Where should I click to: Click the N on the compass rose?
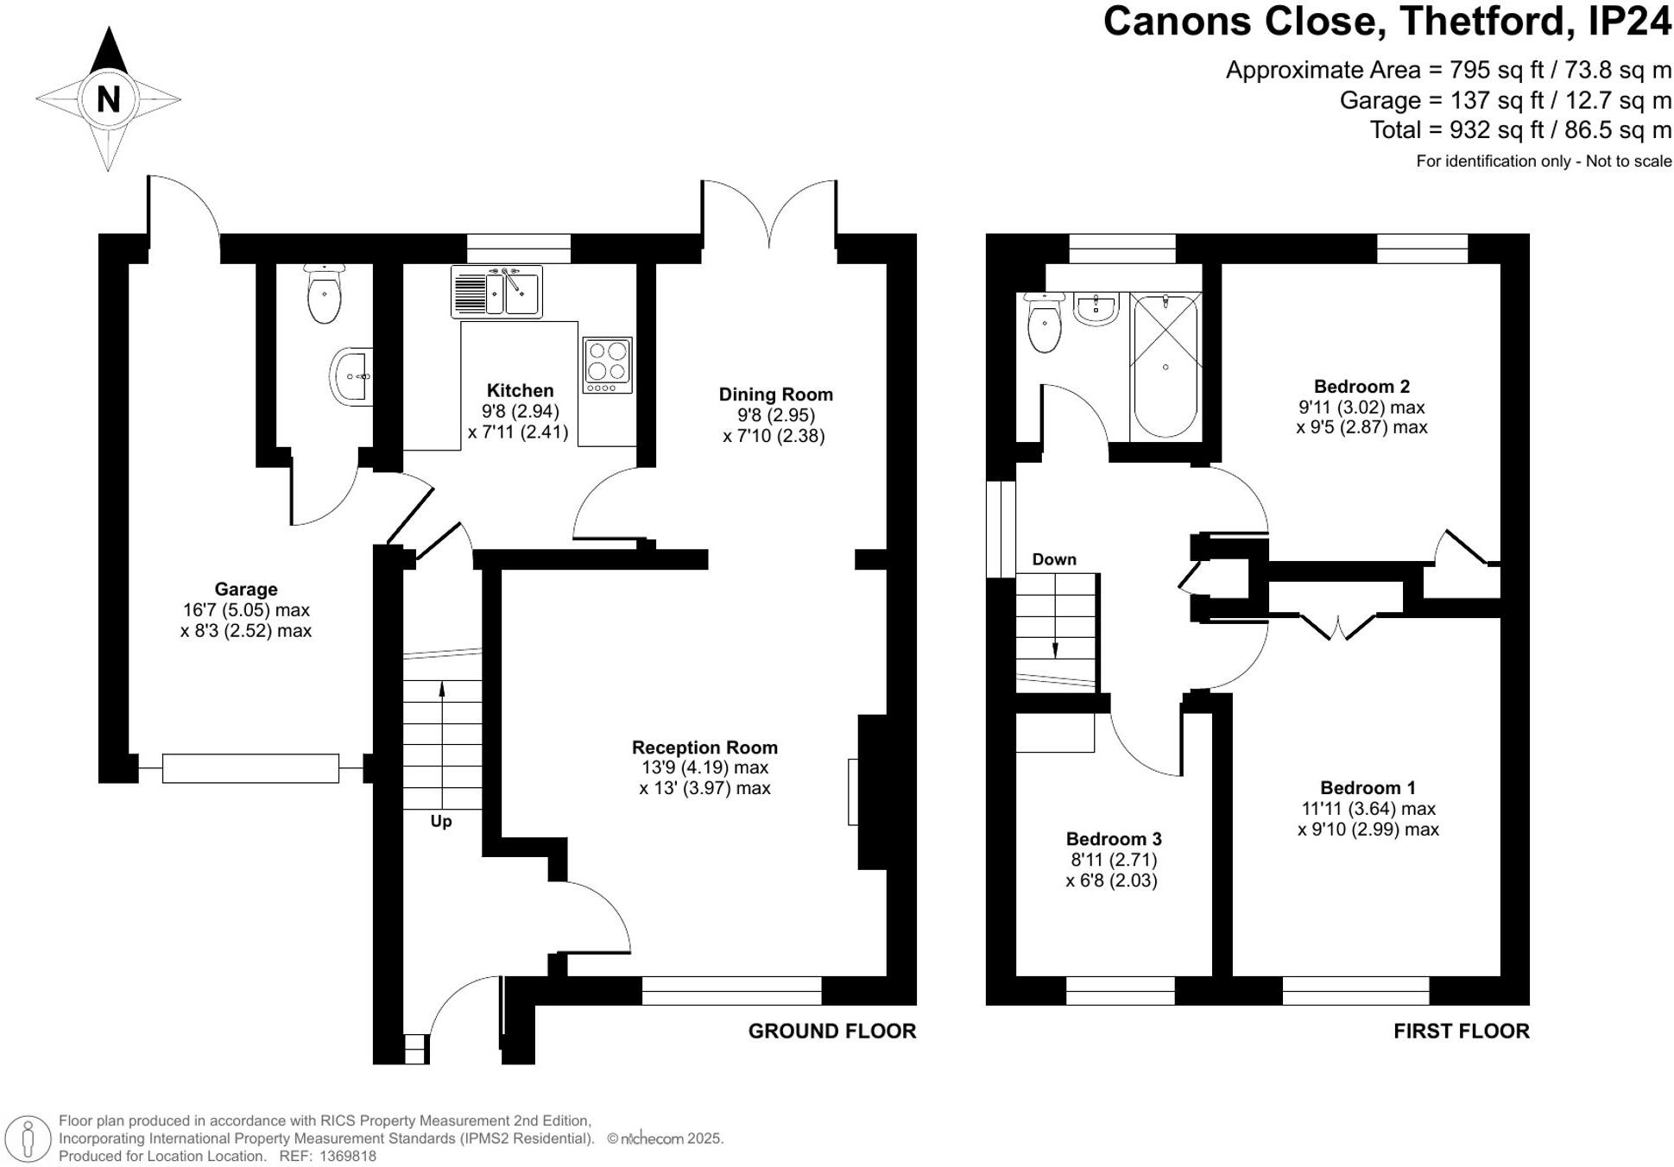pos(108,99)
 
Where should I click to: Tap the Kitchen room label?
pos(520,390)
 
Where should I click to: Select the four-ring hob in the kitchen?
pos(608,362)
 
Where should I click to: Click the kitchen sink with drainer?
pos(496,292)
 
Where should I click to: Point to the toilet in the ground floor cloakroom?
pos(324,293)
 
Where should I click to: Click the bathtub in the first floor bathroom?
pos(1165,367)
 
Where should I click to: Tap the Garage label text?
pos(246,590)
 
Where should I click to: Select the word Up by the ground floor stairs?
pos(441,821)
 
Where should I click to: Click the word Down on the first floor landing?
pos(1054,559)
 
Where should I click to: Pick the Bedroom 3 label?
pos(1114,839)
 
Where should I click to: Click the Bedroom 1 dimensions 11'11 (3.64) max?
pos(1368,809)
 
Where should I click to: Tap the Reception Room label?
pos(704,748)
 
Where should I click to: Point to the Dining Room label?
pos(775,394)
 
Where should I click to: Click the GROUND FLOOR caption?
pos(831,1031)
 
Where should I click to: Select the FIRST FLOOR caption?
pos(1461,1031)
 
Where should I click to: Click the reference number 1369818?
pos(348,1156)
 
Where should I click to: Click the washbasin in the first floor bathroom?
pos(1096,307)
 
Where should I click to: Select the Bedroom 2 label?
pos(1361,387)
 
